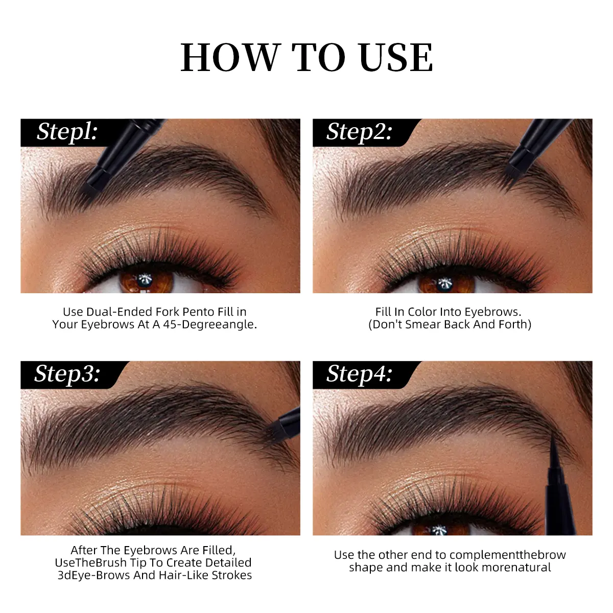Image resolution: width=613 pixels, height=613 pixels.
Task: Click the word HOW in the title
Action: (230, 58)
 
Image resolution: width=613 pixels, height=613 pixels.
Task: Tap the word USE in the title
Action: (396, 58)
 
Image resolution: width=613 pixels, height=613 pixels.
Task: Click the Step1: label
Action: (67, 132)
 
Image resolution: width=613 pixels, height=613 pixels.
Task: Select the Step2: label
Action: (359, 132)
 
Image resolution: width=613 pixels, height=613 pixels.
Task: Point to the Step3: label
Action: (67, 374)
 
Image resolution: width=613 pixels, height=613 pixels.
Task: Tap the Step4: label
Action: (359, 374)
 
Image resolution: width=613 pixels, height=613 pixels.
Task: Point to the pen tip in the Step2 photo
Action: (512, 173)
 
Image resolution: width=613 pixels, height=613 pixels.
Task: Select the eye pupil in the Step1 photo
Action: (145, 280)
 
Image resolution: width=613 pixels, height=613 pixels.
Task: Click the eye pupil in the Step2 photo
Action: (443, 282)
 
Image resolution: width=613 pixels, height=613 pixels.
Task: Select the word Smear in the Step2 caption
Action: (422, 324)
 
